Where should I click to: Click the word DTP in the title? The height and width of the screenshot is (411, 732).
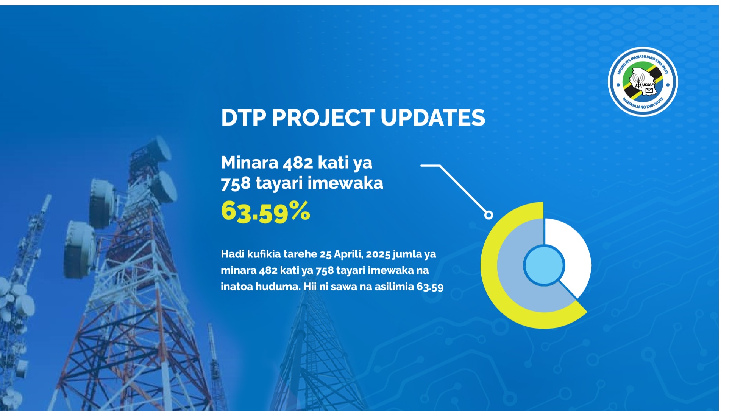[x=243, y=117]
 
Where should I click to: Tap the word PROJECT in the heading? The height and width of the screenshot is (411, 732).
[x=323, y=117]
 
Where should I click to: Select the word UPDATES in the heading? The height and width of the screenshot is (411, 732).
[x=433, y=117]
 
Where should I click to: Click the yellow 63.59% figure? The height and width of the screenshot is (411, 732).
[x=265, y=211]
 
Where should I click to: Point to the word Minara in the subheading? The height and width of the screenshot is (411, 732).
[x=250, y=163]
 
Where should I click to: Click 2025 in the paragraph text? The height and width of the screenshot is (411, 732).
[x=378, y=254]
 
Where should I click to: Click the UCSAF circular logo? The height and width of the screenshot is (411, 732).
[x=643, y=82]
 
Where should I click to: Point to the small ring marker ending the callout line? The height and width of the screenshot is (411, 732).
[x=489, y=215]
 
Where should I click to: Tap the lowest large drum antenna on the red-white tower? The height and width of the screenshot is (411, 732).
[x=80, y=250]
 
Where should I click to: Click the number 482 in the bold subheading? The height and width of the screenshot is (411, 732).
[x=298, y=163]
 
